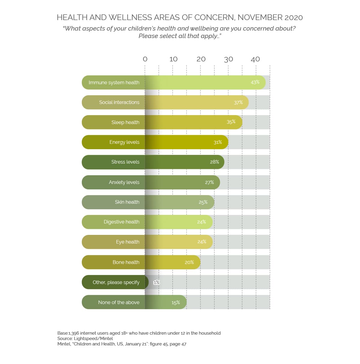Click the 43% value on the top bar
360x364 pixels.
coord(255,82)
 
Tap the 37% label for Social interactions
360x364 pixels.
coord(238,102)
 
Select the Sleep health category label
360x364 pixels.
coord(125,122)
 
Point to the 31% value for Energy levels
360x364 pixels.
coord(218,142)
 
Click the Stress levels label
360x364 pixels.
coord(125,162)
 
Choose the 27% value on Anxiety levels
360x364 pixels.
coord(209,182)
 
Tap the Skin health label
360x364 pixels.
coord(127,202)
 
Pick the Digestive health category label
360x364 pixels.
coord(121,222)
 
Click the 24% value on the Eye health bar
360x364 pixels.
coord(202,242)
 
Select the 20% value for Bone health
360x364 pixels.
coord(189,262)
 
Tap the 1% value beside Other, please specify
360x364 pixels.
coord(157,283)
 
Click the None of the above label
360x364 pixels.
coord(119,303)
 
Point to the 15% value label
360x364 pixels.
coord(176,303)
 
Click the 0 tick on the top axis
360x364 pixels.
coord(145,59)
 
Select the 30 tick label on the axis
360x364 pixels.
coord(228,59)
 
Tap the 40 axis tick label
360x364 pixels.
coord(255,59)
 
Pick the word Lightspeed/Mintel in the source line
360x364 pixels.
coord(93,339)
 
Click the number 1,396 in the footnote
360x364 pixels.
coord(74,333)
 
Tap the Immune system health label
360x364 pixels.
coord(114,82)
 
